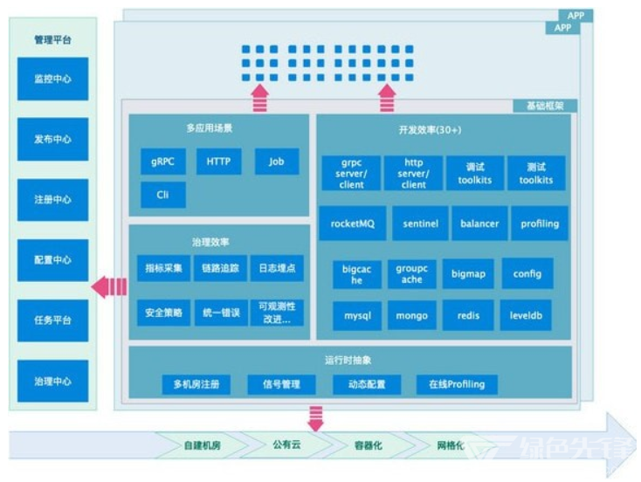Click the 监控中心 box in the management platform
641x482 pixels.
52,79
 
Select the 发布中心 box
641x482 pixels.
52,140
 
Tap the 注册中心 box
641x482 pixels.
52,200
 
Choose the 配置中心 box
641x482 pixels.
52,260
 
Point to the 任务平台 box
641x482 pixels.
52,320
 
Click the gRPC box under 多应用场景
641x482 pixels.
163,162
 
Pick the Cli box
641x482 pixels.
163,195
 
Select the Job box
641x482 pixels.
277,162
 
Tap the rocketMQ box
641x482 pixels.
353,224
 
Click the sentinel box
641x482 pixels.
420,224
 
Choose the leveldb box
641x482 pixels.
526,315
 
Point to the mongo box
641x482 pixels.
411,315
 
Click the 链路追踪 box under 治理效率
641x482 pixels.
220,268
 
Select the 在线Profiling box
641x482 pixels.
457,384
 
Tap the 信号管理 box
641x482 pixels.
281,384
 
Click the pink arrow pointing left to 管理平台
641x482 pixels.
109,287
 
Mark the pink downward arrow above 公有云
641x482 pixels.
315,418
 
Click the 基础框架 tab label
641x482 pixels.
545,106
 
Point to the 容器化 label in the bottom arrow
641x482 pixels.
369,445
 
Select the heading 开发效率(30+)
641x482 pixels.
430,130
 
